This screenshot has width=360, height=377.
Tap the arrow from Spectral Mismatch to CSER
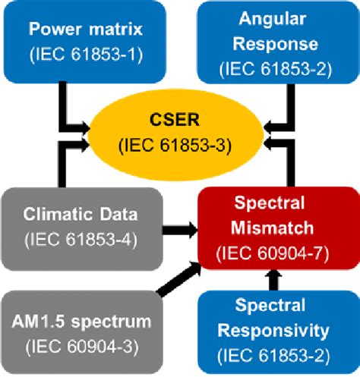pos(287,163)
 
